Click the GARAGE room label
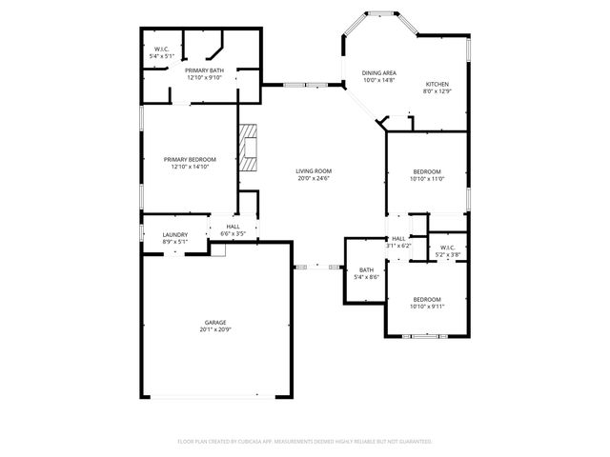215,323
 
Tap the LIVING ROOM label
314,171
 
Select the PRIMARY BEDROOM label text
190,159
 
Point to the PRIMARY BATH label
203,70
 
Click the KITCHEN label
437,85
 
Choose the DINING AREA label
378,73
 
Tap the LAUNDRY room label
174,234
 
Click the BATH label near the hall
367,270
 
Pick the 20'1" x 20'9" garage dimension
215,330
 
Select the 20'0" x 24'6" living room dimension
314,178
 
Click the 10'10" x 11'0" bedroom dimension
427,178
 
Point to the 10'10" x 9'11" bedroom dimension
426,306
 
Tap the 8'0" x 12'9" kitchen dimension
437,91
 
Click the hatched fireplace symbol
249,148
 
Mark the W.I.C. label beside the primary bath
161,50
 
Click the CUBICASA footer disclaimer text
305,441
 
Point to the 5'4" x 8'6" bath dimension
367,277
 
